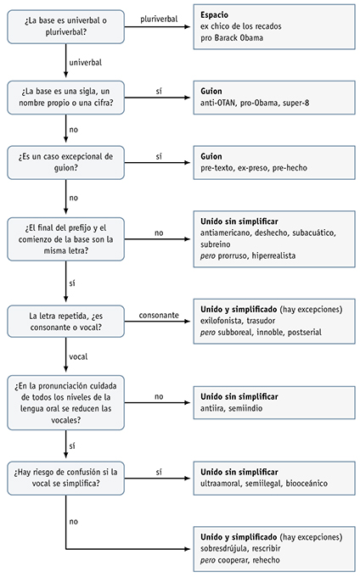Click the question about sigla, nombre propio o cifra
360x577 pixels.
65,95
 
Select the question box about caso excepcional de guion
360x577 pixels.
65,161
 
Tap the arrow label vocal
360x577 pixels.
79,356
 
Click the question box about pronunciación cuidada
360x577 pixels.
65,403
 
